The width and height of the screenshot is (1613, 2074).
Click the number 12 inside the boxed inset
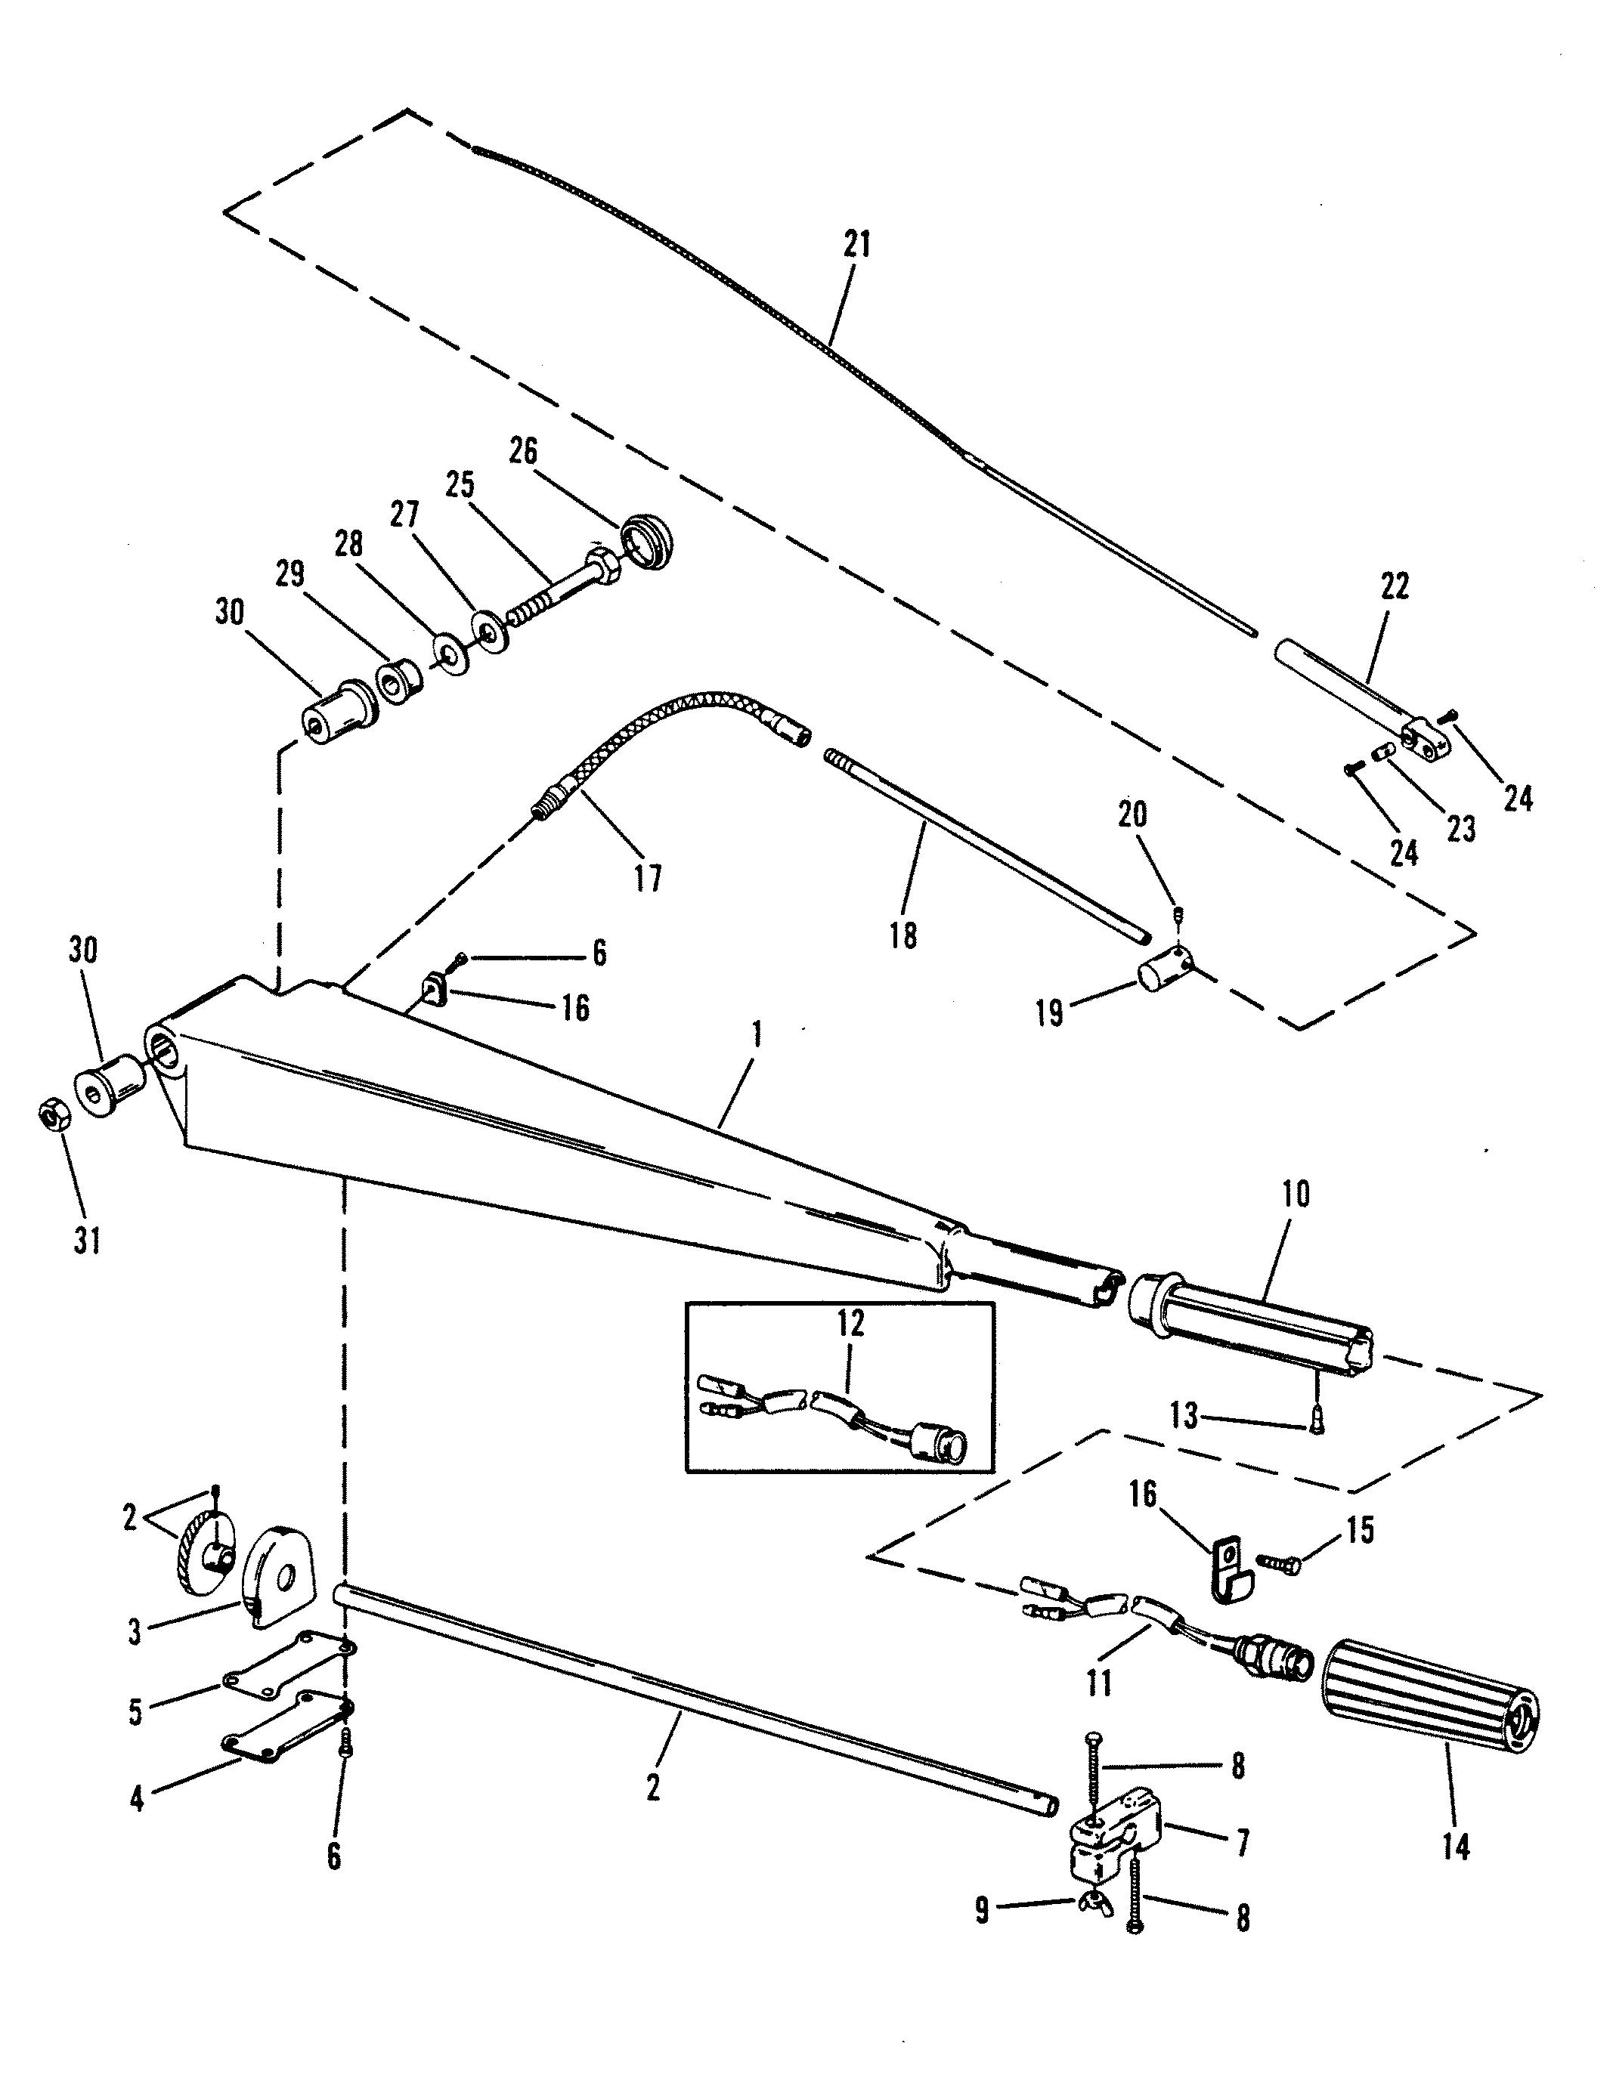point(850,1323)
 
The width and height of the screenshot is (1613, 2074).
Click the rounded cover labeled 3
point(279,1575)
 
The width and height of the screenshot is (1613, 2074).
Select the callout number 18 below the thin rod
point(902,935)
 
